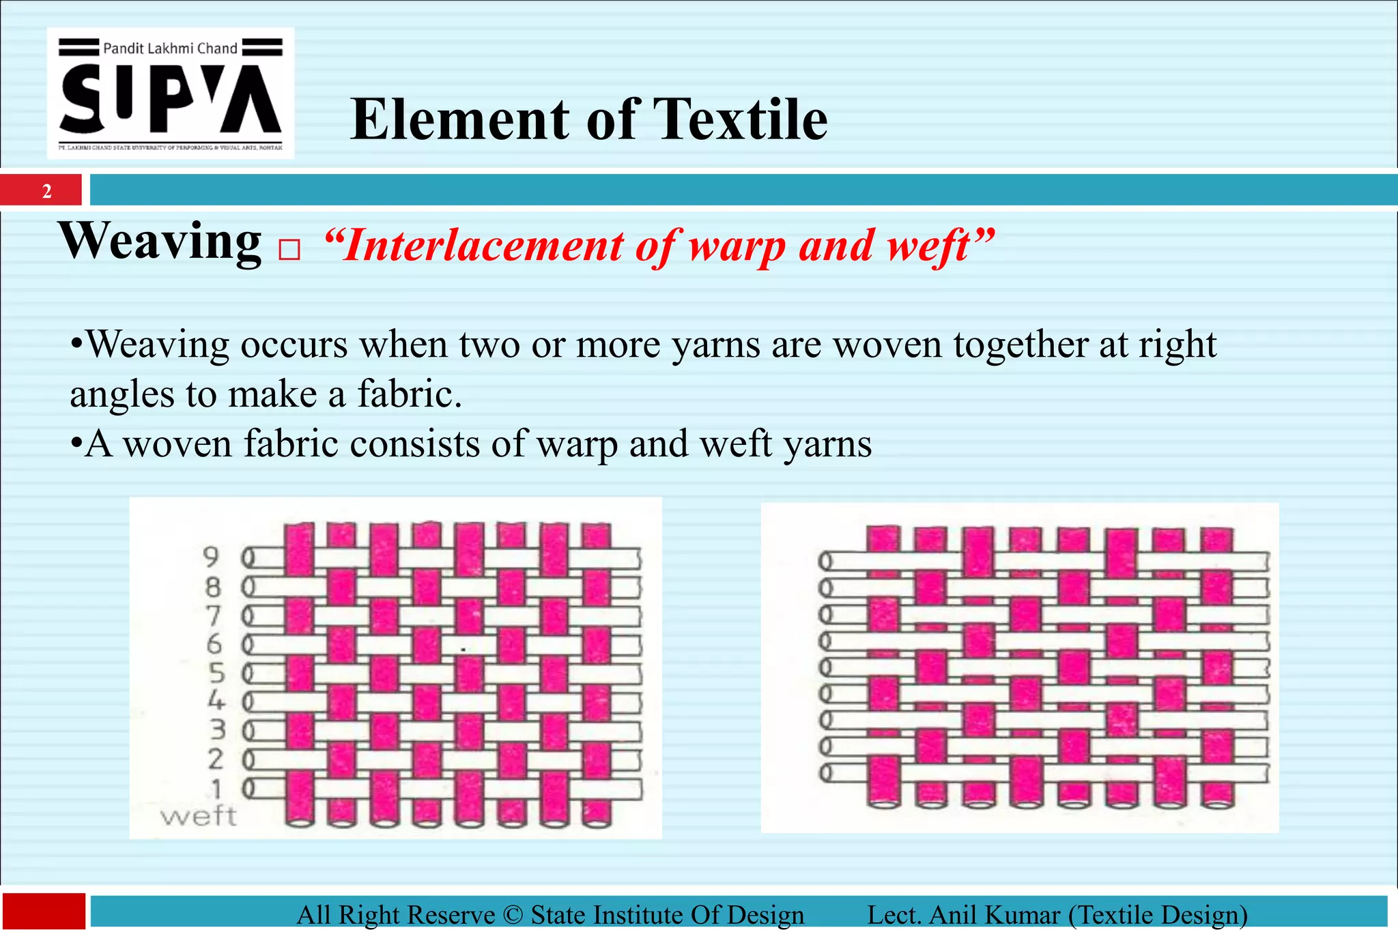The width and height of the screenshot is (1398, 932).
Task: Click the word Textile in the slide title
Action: [740, 119]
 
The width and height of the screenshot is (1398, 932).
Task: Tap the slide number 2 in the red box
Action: [46, 191]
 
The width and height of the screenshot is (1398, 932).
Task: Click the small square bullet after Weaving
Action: [289, 250]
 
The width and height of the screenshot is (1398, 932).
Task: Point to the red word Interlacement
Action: [474, 246]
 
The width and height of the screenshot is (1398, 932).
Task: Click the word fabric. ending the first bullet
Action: [410, 394]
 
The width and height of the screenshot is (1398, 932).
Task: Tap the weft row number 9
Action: [212, 557]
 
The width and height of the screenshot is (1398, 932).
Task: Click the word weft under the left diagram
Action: [198, 816]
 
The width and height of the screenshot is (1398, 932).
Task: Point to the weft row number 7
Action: [214, 615]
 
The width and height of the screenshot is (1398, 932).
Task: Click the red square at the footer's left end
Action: [44, 912]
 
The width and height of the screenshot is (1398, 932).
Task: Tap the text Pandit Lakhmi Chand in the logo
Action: [170, 48]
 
